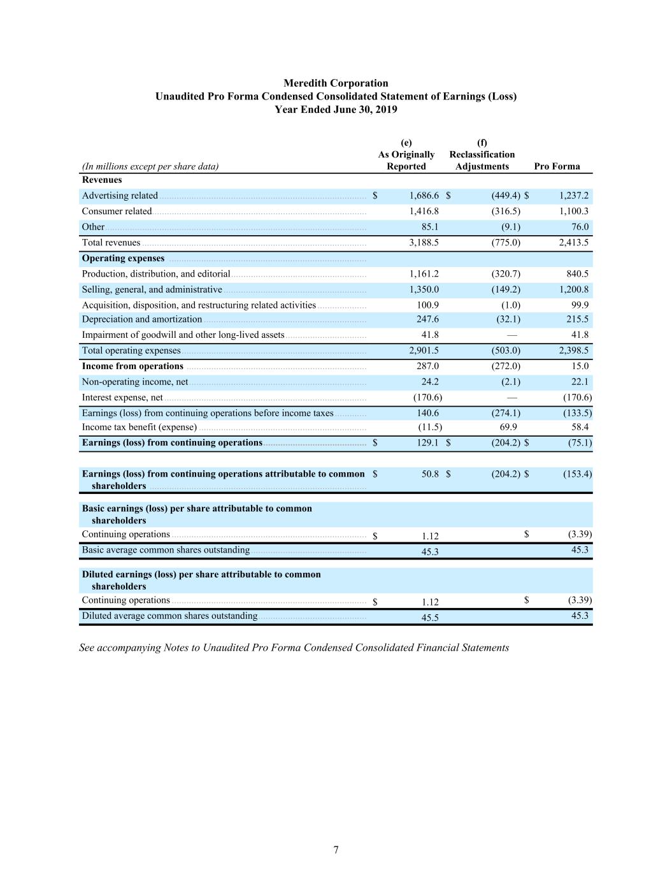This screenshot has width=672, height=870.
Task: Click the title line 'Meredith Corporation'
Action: tap(336, 83)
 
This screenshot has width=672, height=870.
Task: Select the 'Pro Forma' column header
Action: tap(557, 166)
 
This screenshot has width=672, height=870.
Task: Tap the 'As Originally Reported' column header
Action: tap(406, 160)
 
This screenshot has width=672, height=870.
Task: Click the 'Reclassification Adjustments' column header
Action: tap(482, 160)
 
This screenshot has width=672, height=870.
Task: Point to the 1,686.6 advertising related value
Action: tap(424, 196)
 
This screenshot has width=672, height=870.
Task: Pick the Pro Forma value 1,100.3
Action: tap(573, 211)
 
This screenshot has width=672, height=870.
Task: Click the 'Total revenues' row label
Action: tap(111, 242)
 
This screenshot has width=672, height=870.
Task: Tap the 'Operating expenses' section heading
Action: tap(123, 258)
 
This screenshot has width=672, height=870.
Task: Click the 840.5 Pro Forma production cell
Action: tap(577, 273)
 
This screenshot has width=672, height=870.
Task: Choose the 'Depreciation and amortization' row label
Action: tap(142, 319)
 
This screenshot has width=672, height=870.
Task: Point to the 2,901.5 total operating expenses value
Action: tap(424, 351)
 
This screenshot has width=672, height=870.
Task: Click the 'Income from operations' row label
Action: tap(132, 366)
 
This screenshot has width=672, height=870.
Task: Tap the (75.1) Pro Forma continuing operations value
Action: tap(580, 442)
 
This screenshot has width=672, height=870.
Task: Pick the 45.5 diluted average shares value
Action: tap(430, 617)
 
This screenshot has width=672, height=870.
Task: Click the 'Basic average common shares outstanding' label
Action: tap(166, 550)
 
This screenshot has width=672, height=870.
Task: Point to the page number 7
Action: tap(336, 850)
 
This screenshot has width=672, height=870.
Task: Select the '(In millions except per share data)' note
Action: tap(150, 166)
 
